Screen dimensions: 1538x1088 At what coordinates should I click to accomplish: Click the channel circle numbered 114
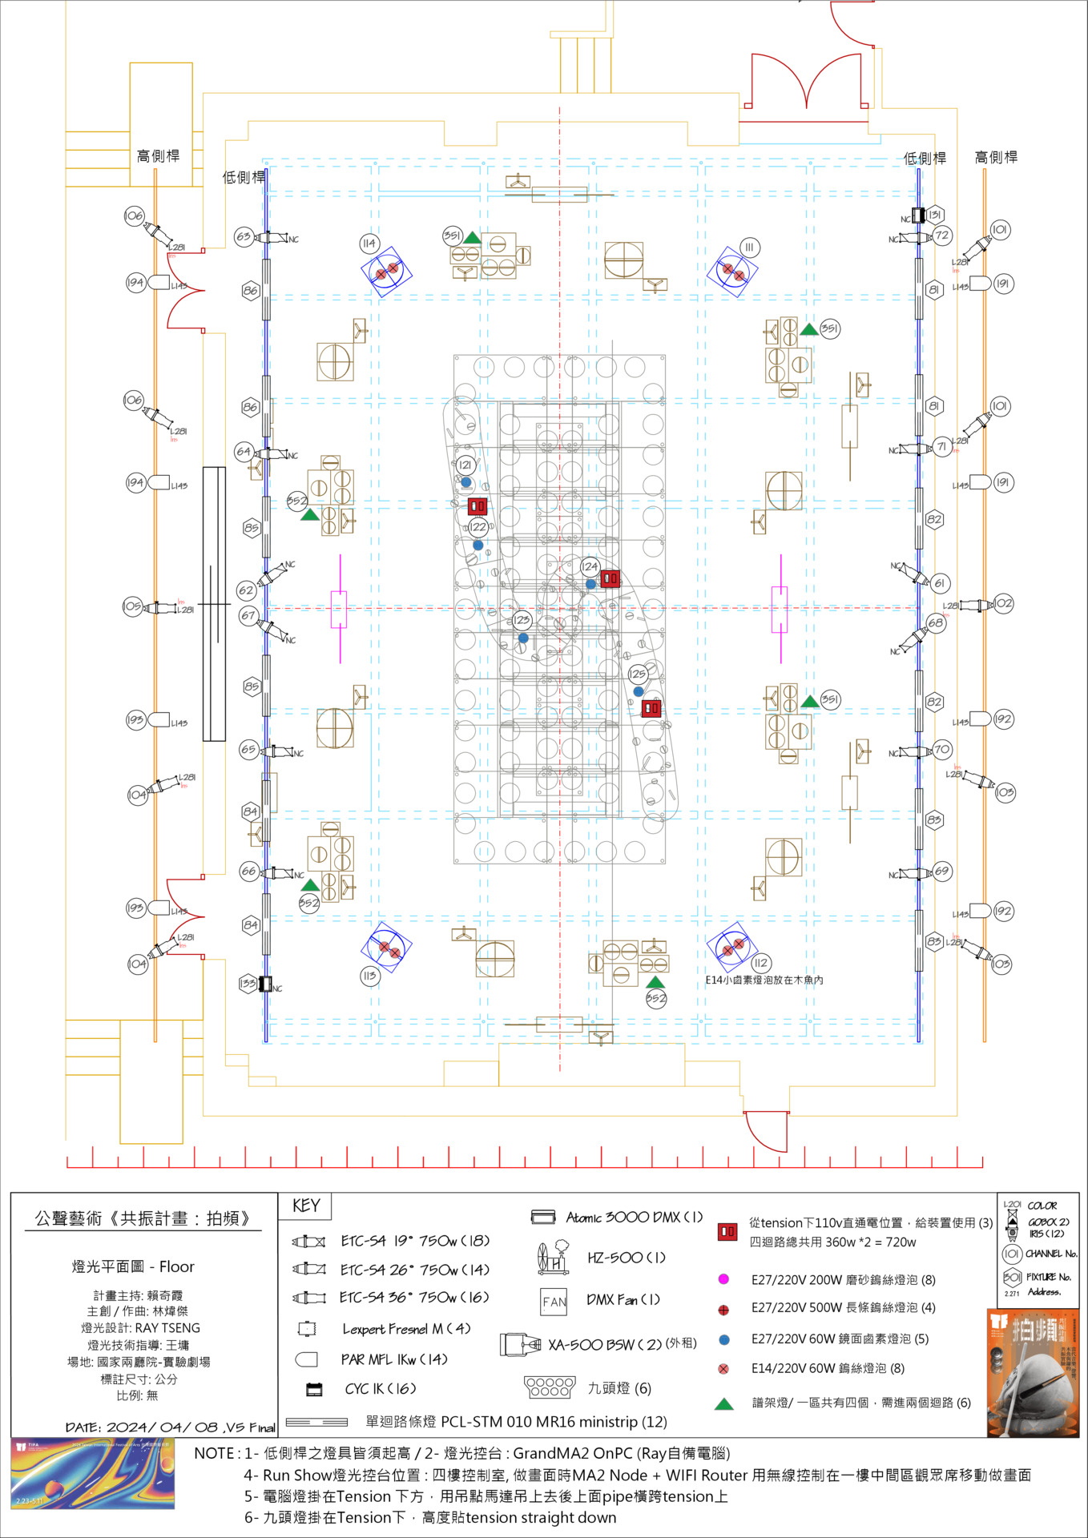tap(369, 244)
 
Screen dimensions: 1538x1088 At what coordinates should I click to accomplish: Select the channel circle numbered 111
tap(749, 248)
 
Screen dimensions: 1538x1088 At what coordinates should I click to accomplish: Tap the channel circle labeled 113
tap(369, 976)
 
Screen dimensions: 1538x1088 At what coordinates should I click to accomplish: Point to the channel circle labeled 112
tap(760, 963)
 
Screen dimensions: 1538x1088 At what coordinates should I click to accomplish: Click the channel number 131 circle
tap(935, 215)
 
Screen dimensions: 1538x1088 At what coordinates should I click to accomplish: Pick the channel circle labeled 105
tap(133, 606)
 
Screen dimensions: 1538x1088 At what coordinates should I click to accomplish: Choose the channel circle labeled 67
tap(248, 616)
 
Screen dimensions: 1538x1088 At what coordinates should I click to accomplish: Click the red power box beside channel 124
tap(610, 578)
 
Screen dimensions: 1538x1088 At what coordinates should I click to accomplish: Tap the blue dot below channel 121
tap(466, 482)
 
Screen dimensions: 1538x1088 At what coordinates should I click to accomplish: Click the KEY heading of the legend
tap(305, 1206)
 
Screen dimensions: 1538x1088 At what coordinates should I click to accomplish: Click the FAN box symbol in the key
tap(554, 1302)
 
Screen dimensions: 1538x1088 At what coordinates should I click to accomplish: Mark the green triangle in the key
tap(724, 1403)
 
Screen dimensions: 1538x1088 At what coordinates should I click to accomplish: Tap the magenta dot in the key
tap(723, 1279)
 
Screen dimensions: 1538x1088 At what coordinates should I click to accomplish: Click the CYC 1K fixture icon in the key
tap(315, 1390)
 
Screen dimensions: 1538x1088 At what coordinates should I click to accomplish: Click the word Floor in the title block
tap(177, 1266)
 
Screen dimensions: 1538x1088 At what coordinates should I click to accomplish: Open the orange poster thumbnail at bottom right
tap(1033, 1373)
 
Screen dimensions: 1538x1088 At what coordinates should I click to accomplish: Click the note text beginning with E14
tap(764, 980)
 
